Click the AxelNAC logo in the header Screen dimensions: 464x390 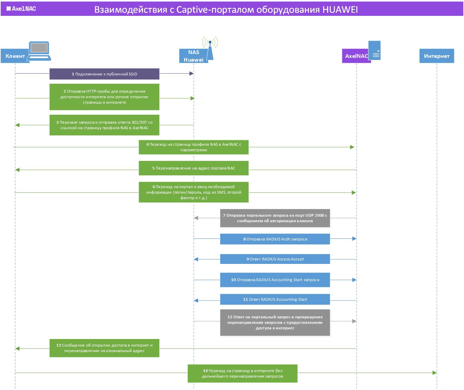21,9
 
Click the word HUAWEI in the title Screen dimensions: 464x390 340,10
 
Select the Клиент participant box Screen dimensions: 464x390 15,56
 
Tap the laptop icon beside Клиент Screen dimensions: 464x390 39,51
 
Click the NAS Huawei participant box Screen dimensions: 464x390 194,56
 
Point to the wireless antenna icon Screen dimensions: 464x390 210,48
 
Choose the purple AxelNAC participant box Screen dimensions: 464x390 356,56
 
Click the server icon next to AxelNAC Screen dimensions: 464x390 375,50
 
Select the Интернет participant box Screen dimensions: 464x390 437,56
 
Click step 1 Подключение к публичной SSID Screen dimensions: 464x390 104,74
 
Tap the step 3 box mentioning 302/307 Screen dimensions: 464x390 104,125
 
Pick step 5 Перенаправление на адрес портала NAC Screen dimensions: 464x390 194,168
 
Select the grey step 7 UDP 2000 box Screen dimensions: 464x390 275,218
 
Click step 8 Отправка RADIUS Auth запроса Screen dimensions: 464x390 275,239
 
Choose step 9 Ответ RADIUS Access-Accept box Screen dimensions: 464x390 275,259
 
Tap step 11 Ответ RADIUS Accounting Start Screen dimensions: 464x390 275,299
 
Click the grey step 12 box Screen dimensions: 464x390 275,322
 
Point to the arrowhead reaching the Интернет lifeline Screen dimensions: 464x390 434,373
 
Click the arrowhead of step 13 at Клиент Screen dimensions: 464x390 17,349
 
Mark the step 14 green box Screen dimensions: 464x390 242,373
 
